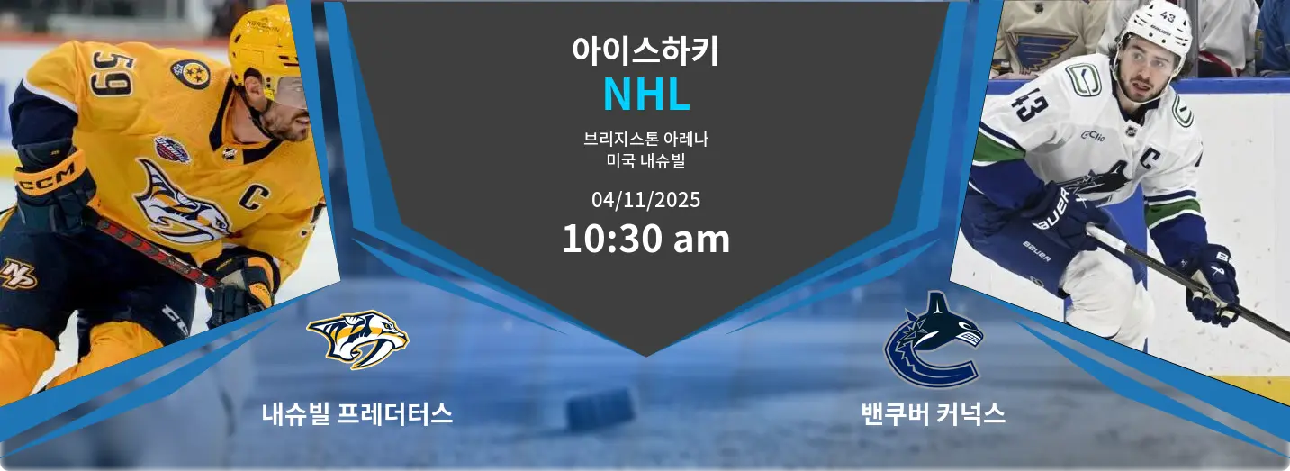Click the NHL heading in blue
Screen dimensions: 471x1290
click(645, 95)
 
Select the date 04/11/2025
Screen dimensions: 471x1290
click(645, 199)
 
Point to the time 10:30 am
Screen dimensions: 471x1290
click(645, 240)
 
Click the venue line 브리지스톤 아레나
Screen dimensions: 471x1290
click(645, 140)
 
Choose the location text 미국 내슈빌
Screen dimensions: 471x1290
click(645, 162)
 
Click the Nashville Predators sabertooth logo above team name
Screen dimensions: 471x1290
click(357, 338)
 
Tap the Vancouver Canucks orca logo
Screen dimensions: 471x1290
click(933, 340)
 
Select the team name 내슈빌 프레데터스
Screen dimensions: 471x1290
click(357, 414)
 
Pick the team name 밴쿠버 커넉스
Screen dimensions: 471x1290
click(933, 414)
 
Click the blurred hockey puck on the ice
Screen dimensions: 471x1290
click(600, 409)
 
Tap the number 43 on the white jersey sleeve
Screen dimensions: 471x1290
click(1026, 104)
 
